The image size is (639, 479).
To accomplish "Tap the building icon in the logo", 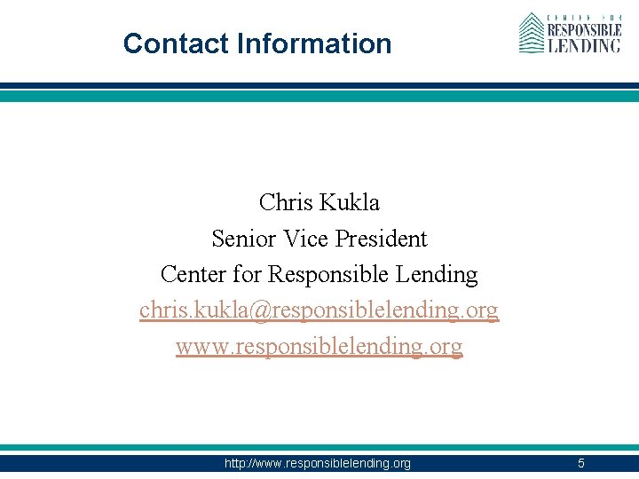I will tap(531, 33).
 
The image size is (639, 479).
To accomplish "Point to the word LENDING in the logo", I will tap(583, 44).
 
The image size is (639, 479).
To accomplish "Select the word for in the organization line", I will tap(245, 275).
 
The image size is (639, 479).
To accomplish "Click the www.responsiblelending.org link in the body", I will tap(319, 347).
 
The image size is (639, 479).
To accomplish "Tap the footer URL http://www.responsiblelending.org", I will tap(319, 463).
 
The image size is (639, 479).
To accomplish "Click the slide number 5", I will tap(581, 463).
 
